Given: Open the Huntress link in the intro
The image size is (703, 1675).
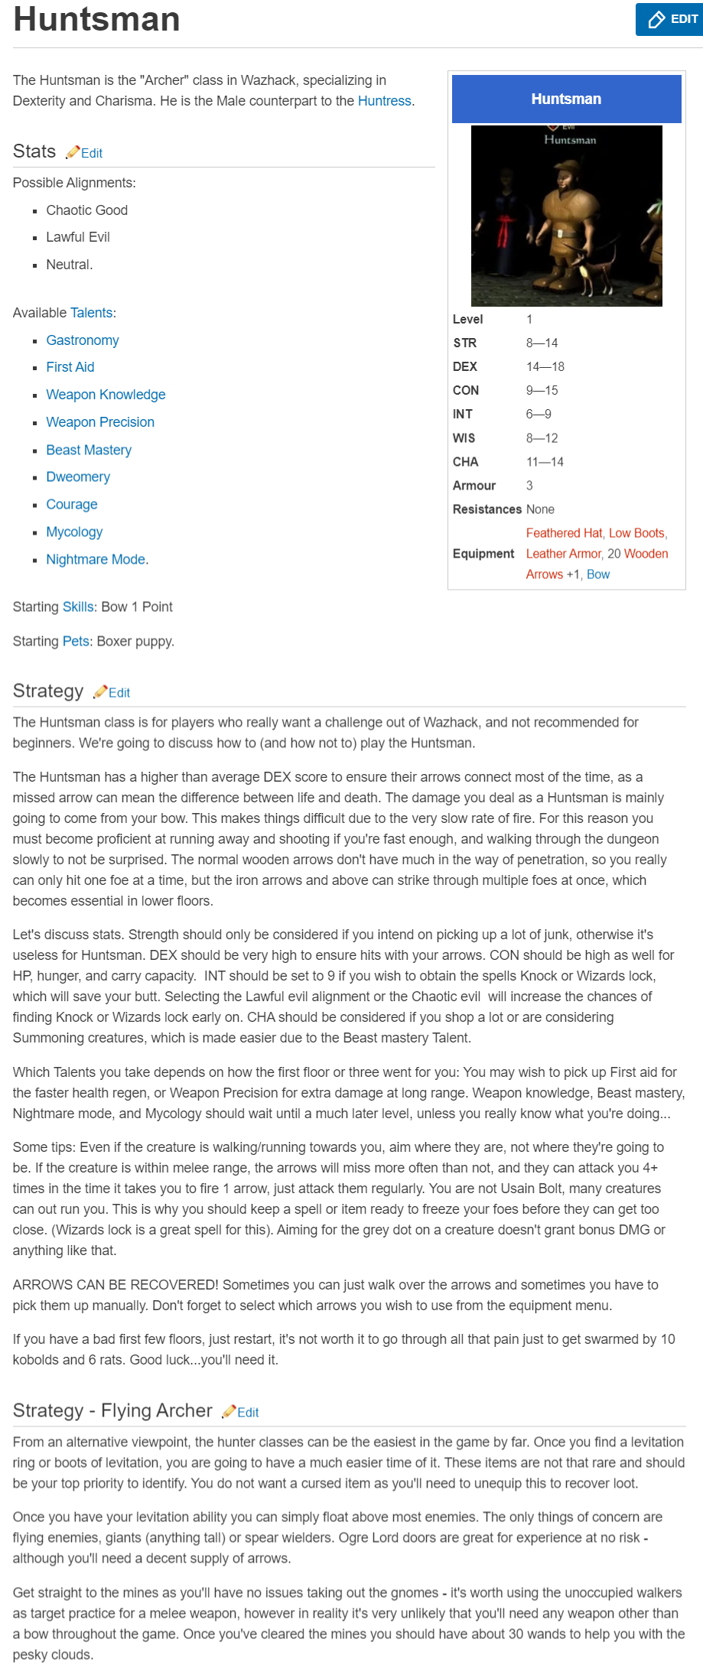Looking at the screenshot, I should tap(384, 101).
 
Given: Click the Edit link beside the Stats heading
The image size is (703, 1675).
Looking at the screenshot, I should tap(91, 153).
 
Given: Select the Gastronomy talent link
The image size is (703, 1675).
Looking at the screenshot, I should tap(83, 340).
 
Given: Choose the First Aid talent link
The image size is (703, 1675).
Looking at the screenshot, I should tap(70, 367).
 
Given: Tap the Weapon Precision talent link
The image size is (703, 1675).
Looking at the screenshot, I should tap(100, 422).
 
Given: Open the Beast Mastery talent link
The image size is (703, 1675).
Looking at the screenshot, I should tap(89, 450).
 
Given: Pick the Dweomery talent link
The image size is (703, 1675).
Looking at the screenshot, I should tap(78, 477).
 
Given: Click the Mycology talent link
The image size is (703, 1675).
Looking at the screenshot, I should tap(74, 532).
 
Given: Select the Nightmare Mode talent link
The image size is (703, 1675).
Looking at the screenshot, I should tap(96, 560).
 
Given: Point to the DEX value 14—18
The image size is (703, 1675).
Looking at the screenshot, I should tap(545, 367).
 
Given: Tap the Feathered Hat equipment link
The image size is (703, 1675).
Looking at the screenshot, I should tap(564, 533).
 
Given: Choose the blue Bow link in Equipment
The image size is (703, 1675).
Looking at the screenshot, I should tap(598, 574).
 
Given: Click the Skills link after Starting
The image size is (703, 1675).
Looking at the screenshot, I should tap(79, 607).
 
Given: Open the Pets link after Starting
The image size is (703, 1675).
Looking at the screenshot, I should tap(76, 642).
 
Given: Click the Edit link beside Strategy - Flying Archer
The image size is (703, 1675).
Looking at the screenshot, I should tap(248, 1413).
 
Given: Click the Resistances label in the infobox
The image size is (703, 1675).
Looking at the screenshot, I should tap(487, 509).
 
